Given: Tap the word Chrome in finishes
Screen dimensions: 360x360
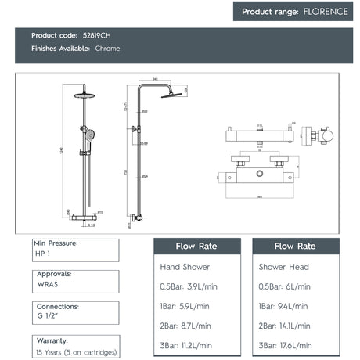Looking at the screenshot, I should click(x=108, y=49).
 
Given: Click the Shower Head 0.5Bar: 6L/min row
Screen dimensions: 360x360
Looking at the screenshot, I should click(x=284, y=287).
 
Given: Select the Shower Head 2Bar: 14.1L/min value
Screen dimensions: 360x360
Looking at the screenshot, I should click(x=286, y=326).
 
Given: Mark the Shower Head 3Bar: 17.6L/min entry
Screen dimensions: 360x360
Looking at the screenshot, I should click(x=286, y=344).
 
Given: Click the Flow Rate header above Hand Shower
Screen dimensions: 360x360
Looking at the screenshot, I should click(x=196, y=246).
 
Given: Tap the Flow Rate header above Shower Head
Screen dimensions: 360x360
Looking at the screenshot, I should click(x=296, y=246).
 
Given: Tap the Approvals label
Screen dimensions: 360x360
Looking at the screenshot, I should click(x=54, y=274).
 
